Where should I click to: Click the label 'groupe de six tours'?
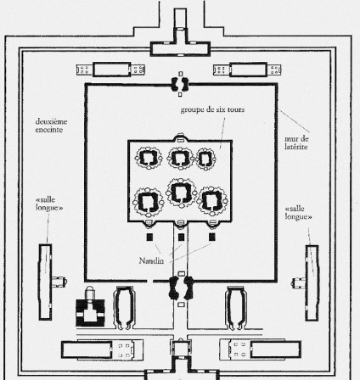(x=212, y=109)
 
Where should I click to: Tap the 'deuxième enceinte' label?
(x=51, y=126)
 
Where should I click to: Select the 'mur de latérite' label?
(x=296, y=142)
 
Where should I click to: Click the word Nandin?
(x=151, y=260)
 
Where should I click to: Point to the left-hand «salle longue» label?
(x=49, y=204)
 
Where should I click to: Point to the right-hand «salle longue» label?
(x=299, y=213)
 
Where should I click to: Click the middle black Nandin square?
(x=181, y=237)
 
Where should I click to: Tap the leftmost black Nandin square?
(x=149, y=237)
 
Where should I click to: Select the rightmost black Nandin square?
(x=212, y=237)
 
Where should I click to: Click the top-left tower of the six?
(x=148, y=158)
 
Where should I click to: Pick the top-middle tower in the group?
(x=180, y=158)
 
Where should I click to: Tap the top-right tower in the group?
(x=205, y=159)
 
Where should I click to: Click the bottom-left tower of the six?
(x=148, y=202)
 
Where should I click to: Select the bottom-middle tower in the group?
(x=181, y=193)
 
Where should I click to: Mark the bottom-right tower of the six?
(x=212, y=200)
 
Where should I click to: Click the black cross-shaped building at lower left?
(x=90, y=311)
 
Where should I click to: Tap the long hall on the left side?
(x=45, y=282)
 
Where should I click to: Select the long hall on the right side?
(x=312, y=282)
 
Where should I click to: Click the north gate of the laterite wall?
(x=180, y=84)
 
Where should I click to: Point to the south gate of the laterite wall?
(x=181, y=288)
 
